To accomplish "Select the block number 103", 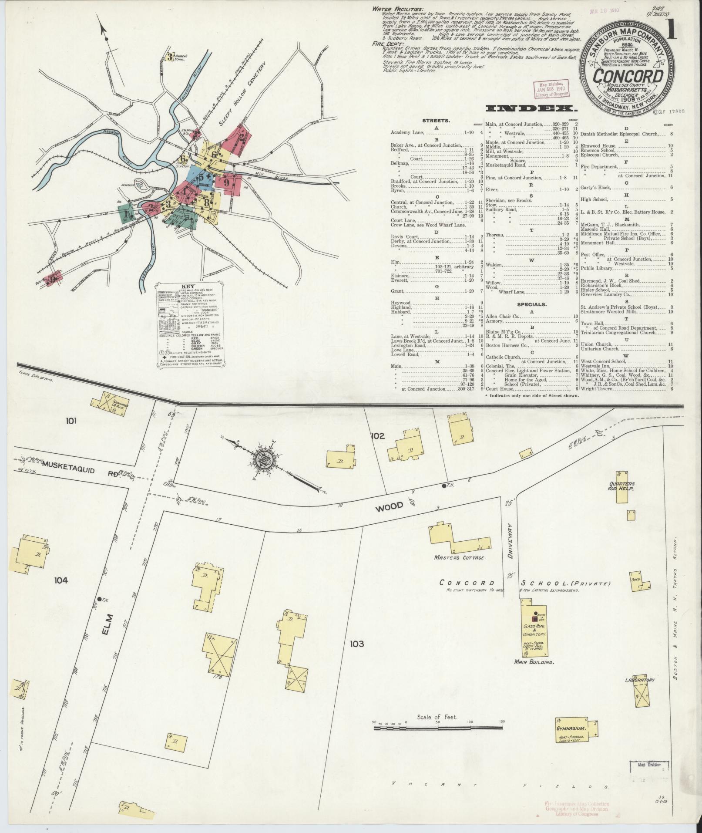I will point(356,644).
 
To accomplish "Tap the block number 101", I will point(71,421).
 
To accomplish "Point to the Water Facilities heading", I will point(397,9).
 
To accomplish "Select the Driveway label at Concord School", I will point(511,540).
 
